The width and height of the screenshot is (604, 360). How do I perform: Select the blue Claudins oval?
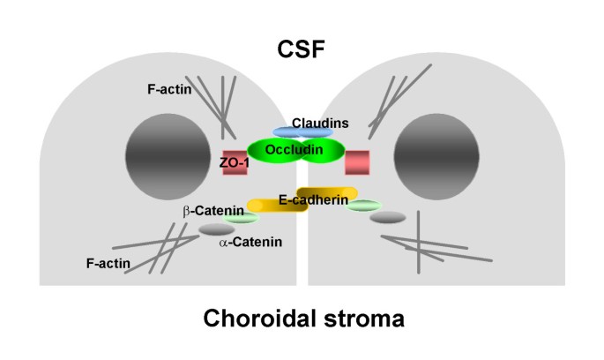tap(302, 131)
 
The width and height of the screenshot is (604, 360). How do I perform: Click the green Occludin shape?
tap(295, 151)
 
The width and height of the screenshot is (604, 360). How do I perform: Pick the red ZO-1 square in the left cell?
tap(234, 161)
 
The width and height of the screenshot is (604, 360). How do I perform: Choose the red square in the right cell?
tap(356, 161)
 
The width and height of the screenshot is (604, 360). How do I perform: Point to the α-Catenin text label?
tap(250, 243)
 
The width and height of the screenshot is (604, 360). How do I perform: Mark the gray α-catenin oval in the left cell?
tap(217, 229)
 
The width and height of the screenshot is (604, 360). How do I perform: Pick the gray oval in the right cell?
tap(387, 218)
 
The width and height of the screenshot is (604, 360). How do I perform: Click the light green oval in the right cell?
tap(365, 206)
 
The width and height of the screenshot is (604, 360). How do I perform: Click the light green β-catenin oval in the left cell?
tap(242, 217)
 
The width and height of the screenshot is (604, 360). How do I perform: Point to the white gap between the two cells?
tap(302, 256)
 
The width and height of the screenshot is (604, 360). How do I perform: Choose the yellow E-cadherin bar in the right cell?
tap(328, 193)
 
